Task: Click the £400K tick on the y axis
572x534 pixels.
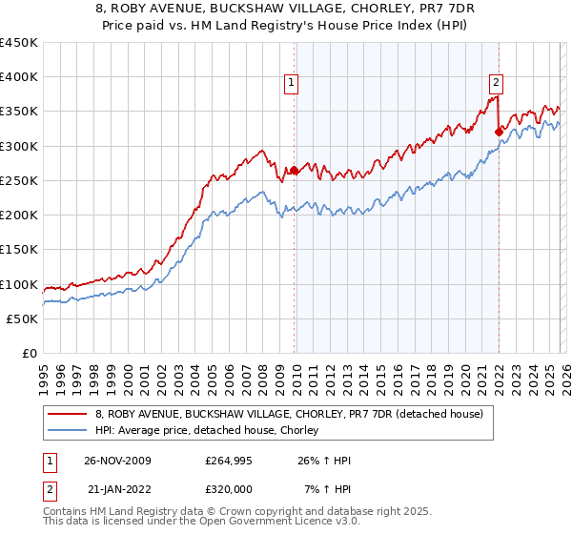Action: point(19,77)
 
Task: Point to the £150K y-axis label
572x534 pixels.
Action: point(19,250)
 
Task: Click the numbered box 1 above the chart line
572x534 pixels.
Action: point(292,83)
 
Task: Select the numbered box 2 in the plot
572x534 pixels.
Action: point(497,83)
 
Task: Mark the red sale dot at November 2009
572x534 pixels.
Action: point(294,171)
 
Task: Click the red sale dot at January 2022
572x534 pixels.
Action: point(499,133)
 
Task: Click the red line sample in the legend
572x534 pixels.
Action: point(69,414)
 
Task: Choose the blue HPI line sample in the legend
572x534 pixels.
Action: point(69,430)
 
